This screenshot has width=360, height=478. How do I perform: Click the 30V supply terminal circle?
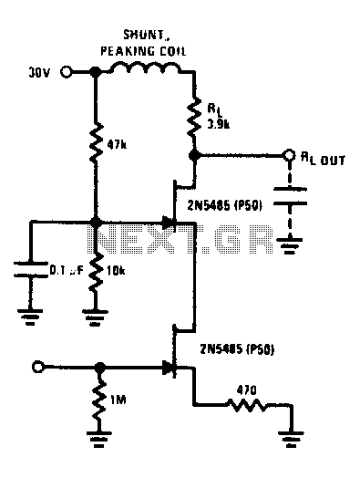tap(66, 72)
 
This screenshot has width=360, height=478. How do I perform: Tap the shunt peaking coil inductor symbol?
tap(145, 68)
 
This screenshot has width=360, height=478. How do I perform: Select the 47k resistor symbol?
tap(97, 142)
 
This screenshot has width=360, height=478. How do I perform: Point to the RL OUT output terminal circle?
tap(288, 155)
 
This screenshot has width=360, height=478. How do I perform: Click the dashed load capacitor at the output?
tap(290, 196)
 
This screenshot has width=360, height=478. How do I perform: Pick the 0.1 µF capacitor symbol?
tap(30, 269)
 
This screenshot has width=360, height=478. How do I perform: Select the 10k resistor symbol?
tap(97, 270)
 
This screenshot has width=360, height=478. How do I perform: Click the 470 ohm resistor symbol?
tap(247, 405)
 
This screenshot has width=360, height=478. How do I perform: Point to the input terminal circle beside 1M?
tap(37, 367)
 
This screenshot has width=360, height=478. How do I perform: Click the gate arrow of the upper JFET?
tap(168, 223)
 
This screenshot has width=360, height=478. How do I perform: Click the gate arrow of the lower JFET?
tap(169, 368)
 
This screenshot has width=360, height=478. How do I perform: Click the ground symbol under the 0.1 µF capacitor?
tap(30, 317)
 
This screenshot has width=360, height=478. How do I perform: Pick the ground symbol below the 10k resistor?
tap(95, 317)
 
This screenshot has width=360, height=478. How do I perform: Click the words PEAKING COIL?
tap(143, 51)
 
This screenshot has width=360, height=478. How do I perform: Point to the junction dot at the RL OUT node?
tap(194, 155)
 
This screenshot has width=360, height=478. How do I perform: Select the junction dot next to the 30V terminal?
tap(97, 72)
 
